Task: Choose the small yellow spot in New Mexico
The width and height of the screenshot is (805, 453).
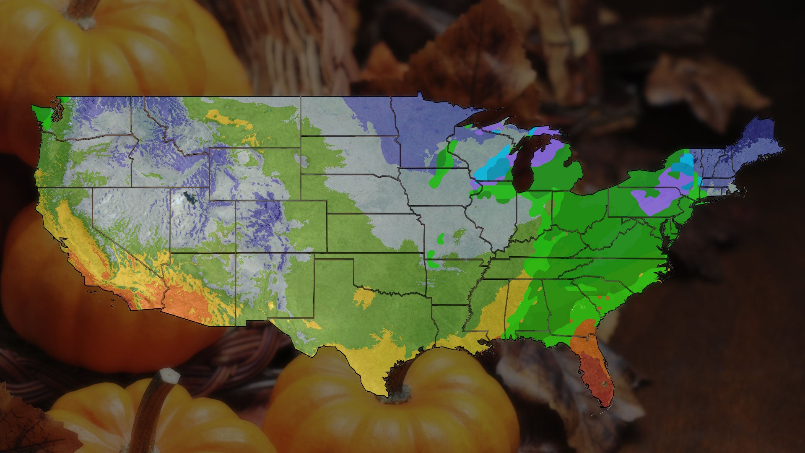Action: point(271,305)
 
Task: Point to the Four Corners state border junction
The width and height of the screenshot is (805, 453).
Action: point(236,253)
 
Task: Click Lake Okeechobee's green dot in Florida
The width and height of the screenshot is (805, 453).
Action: point(604,384)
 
